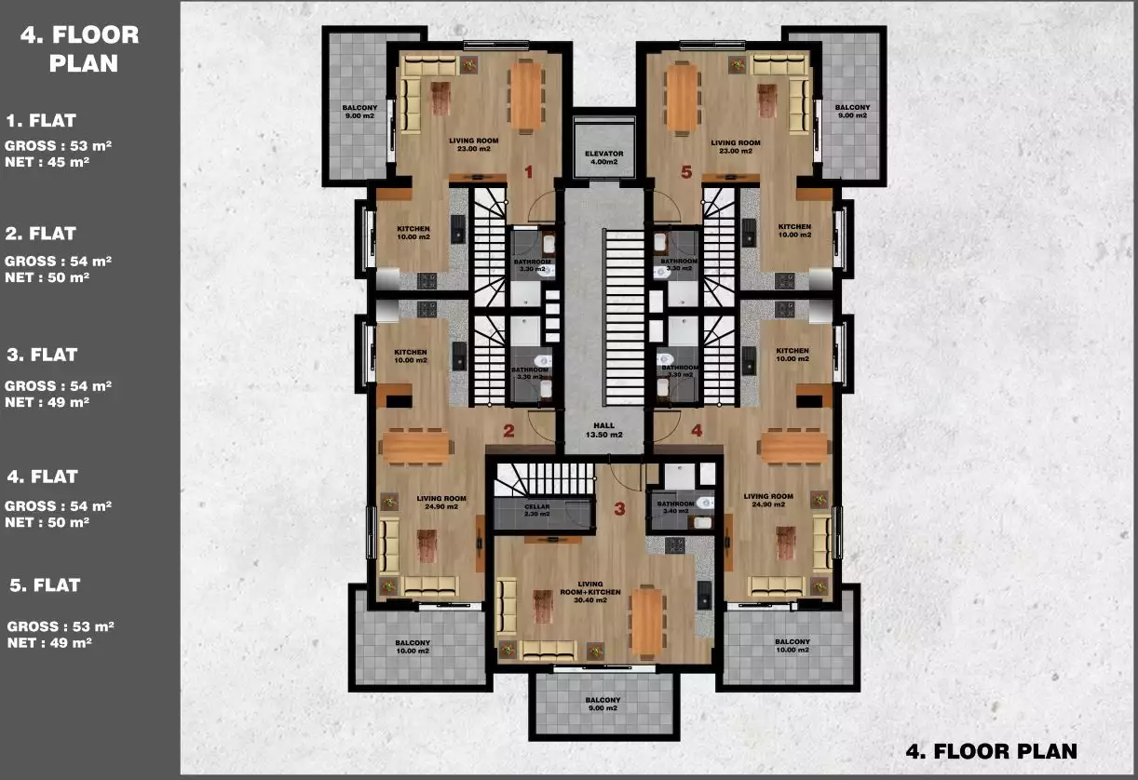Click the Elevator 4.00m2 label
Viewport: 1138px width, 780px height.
603,157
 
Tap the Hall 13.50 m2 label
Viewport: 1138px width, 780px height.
603,430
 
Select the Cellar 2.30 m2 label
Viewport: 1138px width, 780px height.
537,510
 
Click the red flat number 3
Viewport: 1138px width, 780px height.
620,509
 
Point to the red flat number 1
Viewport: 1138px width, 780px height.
528,171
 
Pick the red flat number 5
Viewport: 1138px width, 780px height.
686,171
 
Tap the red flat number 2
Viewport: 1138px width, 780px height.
508,431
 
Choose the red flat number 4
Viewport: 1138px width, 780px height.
697,431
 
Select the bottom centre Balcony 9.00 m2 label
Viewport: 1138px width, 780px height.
603,704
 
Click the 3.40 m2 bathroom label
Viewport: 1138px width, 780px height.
676,507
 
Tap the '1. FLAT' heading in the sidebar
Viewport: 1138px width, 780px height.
41,120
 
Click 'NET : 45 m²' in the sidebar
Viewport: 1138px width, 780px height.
47,162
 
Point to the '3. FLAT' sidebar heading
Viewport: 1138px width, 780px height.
42,355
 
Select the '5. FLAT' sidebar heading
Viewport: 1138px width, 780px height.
45,585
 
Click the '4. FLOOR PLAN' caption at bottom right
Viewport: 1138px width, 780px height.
991,751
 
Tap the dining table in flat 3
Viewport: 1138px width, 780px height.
645,620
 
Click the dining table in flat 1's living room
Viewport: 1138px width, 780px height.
527,95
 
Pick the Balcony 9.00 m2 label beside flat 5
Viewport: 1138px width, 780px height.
852,112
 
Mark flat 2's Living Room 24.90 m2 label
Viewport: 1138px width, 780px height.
440,502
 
